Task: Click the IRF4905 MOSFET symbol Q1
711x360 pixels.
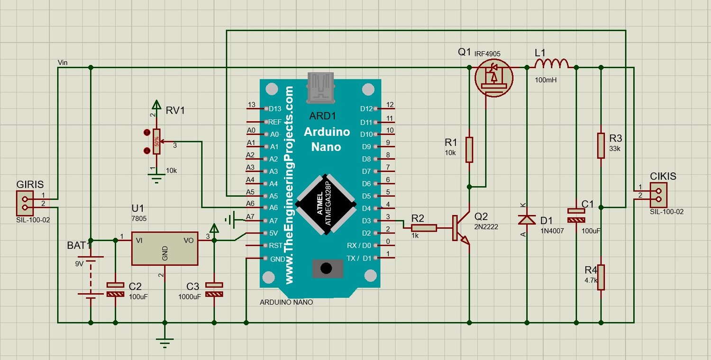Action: (x=493, y=78)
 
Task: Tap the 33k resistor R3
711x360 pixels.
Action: (x=601, y=145)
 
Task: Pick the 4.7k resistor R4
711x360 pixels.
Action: (x=601, y=277)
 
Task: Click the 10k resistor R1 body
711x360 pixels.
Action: (x=469, y=150)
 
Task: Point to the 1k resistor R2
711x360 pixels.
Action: (x=424, y=228)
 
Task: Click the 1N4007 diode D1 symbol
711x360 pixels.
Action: (x=527, y=219)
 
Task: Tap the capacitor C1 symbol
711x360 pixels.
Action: (x=576, y=216)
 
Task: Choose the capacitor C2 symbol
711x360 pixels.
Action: (x=115, y=289)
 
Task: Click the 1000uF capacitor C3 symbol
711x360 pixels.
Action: (x=214, y=289)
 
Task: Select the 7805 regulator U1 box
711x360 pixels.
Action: (x=165, y=248)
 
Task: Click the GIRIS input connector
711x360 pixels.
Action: (x=25, y=203)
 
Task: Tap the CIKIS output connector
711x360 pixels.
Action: (x=658, y=195)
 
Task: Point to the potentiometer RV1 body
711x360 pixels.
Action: (x=156, y=142)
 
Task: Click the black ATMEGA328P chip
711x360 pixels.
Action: (x=326, y=204)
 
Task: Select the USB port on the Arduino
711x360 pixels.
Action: (x=320, y=88)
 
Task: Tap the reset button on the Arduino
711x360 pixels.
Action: (x=327, y=268)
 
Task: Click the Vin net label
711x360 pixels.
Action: (x=63, y=63)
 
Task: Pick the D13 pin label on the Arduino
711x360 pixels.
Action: (x=275, y=109)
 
